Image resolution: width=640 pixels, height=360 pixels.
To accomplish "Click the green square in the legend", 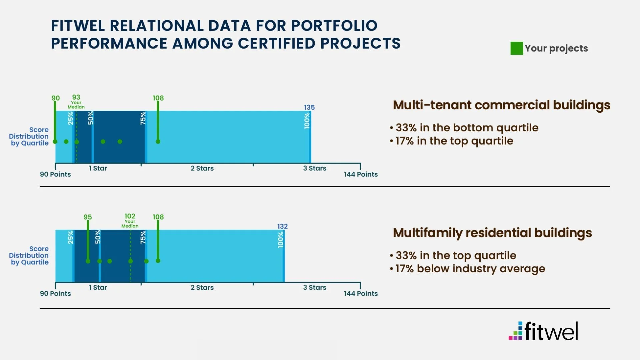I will tap(516, 48).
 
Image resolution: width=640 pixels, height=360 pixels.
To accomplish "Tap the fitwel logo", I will tap(543, 331).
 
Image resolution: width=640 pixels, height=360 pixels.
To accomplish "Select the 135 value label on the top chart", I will tap(309, 107).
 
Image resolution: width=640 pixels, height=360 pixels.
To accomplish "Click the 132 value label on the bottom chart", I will tap(282, 226).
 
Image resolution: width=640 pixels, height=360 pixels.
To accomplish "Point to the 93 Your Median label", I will tap(76, 101).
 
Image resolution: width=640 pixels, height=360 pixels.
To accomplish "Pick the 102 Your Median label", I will tap(130, 221).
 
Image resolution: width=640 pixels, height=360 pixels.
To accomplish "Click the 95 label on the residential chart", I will tap(88, 217).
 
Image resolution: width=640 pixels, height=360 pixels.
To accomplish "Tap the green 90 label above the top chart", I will tap(55, 98).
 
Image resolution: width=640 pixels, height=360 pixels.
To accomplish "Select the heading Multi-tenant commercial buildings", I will tap(501, 105).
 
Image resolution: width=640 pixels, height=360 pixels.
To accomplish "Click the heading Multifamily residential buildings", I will tap(492, 233).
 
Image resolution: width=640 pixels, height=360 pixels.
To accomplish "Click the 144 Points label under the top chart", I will tap(361, 174).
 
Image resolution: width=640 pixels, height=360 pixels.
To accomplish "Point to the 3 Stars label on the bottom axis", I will tap(314, 287).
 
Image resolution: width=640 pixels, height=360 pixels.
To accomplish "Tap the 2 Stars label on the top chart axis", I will tap(202, 168).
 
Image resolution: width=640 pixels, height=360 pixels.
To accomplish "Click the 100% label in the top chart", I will tap(307, 120).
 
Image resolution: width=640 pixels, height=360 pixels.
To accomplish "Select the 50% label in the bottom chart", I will tap(98, 237).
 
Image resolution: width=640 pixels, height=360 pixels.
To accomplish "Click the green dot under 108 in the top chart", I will tap(158, 142).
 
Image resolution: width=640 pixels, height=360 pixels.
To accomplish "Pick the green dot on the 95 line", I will tap(88, 261).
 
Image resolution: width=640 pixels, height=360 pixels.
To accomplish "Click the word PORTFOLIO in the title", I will tap(334, 26).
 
